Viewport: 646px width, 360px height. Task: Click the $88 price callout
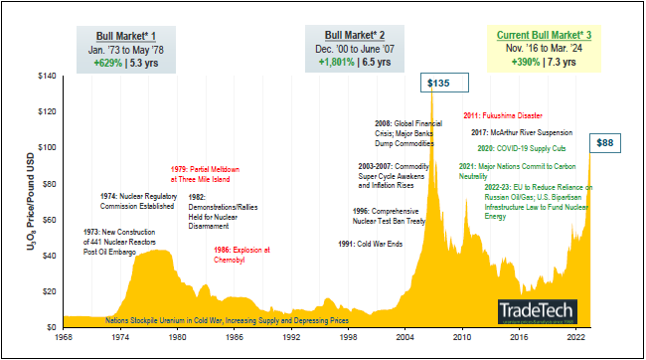tap(606, 143)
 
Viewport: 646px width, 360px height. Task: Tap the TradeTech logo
tap(535, 310)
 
